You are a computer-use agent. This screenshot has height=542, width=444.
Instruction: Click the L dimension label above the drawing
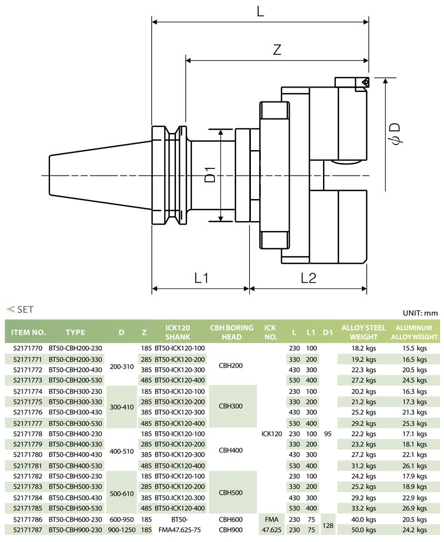click(260, 11)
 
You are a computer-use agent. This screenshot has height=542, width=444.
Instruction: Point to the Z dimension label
click(277, 49)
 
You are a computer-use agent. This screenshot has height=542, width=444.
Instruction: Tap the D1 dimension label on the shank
click(210, 175)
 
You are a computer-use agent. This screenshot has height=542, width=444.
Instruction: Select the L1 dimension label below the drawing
click(201, 277)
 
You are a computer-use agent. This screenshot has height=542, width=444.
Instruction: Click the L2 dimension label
click(308, 277)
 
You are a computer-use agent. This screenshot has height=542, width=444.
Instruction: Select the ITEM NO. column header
click(28, 333)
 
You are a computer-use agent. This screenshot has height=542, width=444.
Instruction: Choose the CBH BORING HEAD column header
click(231, 332)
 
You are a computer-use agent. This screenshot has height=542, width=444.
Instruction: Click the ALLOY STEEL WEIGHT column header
click(364, 332)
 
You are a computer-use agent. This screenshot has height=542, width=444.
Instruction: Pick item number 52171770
click(27, 348)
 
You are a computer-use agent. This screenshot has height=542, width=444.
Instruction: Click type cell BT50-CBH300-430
click(75, 411)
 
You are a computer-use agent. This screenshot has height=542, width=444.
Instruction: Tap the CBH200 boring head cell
click(231, 365)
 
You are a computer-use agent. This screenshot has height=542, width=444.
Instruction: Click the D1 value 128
click(327, 524)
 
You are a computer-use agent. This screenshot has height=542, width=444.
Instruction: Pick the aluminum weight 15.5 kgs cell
click(415, 348)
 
